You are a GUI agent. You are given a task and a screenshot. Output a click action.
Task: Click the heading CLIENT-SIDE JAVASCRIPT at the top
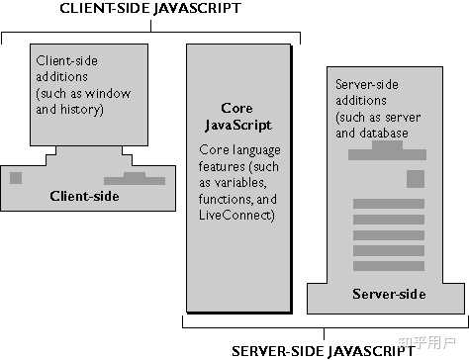pyautogui.click(x=149, y=11)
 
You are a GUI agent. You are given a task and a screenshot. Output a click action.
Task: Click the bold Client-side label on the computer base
pyautogui.click(x=84, y=196)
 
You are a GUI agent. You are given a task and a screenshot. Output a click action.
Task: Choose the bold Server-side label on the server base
pyautogui.click(x=389, y=294)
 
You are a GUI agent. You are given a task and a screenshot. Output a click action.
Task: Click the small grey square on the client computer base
pyautogui.click(x=15, y=177)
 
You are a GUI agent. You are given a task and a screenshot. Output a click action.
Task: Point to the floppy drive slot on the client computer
pyautogui.click(x=136, y=179)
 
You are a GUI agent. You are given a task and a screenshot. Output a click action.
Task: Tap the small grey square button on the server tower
pyautogui.click(x=415, y=179)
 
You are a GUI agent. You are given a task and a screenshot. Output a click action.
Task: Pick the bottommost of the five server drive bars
pyautogui.click(x=388, y=265)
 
